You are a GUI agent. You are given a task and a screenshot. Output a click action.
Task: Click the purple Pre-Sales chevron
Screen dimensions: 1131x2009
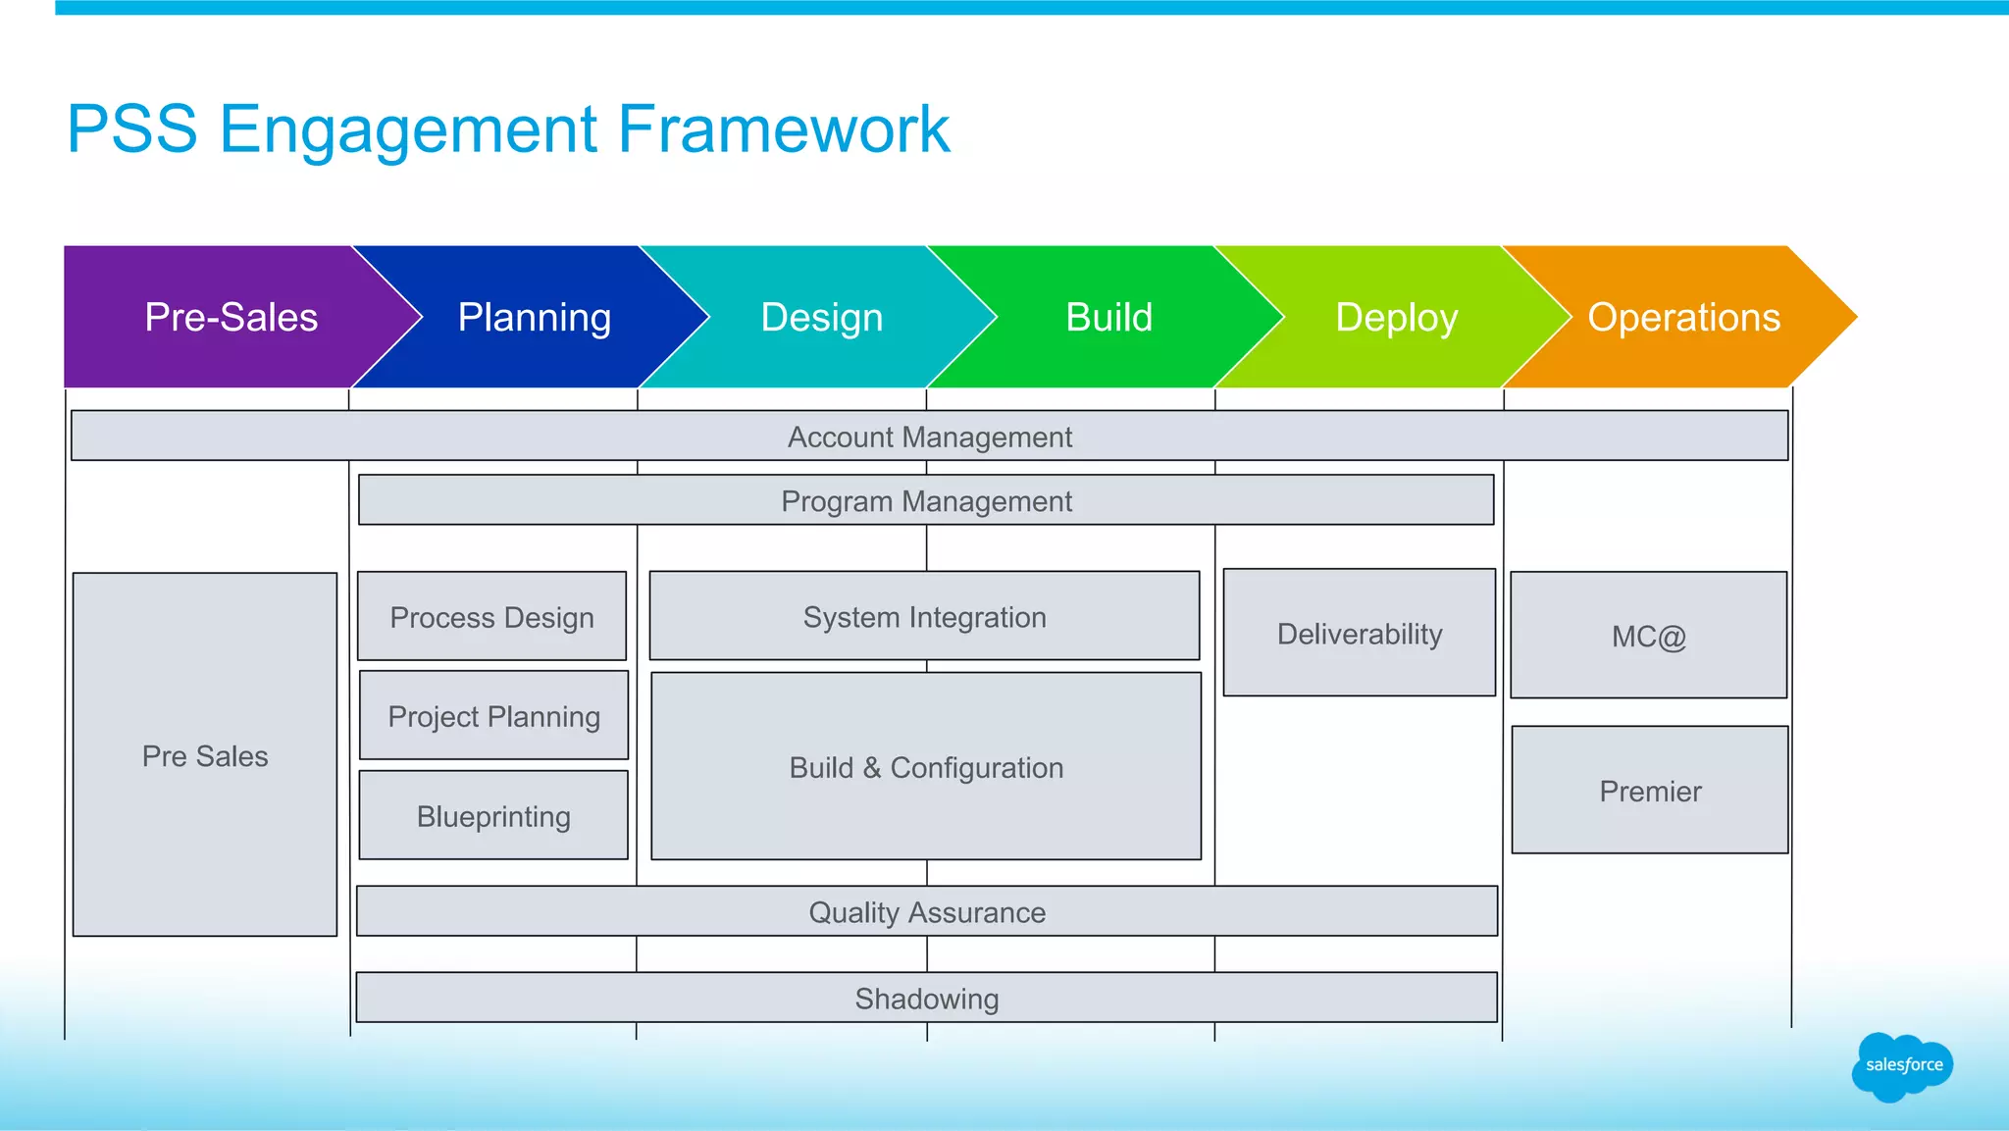(231, 317)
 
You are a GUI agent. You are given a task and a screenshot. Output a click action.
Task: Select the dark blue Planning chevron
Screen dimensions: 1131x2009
(535, 317)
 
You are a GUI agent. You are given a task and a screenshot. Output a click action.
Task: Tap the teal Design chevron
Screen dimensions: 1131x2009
(822, 317)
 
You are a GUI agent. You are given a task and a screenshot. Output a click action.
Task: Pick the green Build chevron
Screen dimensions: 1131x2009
(1109, 317)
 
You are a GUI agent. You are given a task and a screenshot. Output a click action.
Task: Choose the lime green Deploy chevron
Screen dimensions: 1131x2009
(1397, 317)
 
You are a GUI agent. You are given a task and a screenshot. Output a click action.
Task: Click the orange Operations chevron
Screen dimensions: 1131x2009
(1684, 317)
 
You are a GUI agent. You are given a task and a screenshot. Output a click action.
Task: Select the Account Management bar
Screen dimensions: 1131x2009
(929, 437)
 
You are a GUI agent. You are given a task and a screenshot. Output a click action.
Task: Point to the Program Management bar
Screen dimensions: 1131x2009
(926, 500)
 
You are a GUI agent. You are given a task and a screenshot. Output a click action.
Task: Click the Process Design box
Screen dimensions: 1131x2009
(491, 617)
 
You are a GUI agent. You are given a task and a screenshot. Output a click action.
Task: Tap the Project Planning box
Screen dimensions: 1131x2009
(493, 716)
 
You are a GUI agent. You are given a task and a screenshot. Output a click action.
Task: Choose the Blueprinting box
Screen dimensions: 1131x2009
(493, 816)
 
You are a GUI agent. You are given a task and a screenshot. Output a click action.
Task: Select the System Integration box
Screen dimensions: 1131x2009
(924, 617)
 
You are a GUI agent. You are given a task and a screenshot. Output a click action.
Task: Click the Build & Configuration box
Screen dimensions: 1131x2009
(926, 767)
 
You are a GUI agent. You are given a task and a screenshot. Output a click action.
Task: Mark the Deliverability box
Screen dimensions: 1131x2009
(1360, 634)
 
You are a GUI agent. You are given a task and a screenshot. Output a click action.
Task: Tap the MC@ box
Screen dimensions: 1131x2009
(1648, 637)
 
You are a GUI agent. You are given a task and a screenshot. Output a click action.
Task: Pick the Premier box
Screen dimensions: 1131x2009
(1650, 791)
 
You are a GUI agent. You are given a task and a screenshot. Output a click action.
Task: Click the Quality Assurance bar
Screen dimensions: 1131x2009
(927, 912)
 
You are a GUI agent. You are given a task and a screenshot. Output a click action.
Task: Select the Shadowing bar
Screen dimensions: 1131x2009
(927, 999)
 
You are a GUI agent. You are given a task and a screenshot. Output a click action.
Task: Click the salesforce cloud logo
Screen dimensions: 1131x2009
(1903, 1066)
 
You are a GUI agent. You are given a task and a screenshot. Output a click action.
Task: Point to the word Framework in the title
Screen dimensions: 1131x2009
(784, 129)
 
